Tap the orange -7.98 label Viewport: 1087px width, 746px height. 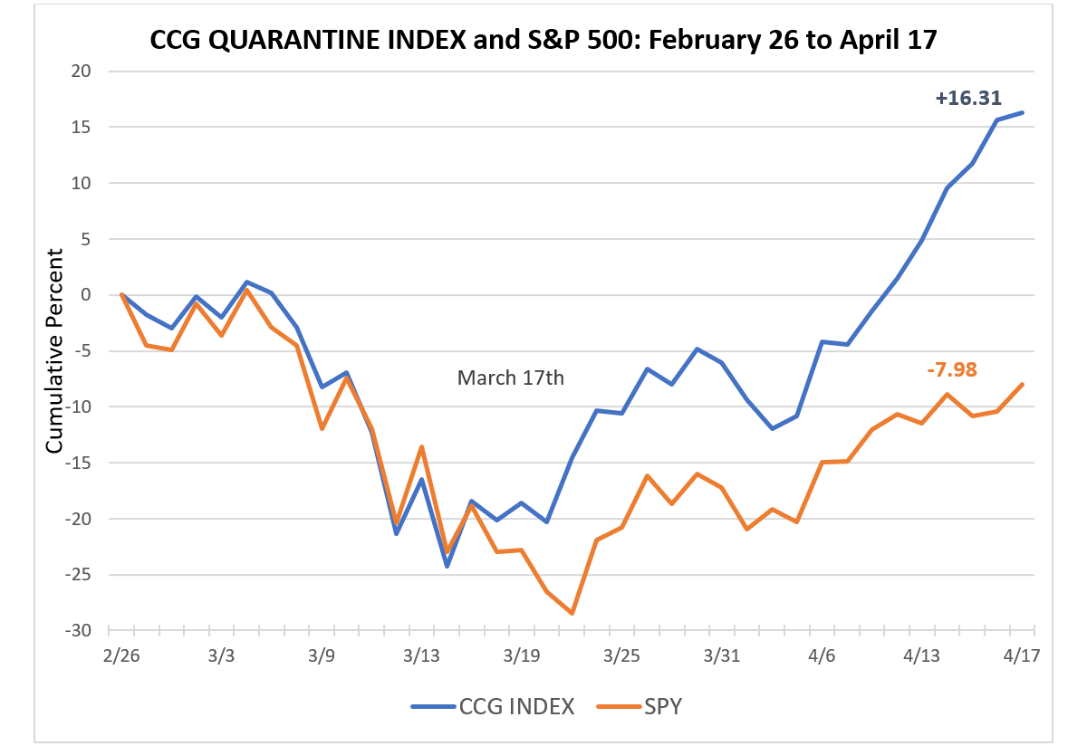[951, 369]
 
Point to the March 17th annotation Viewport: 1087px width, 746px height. [511, 378]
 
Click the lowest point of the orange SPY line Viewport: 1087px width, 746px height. [572, 614]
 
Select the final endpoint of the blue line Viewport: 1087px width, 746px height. [1022, 112]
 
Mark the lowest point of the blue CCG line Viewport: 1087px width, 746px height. [447, 566]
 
